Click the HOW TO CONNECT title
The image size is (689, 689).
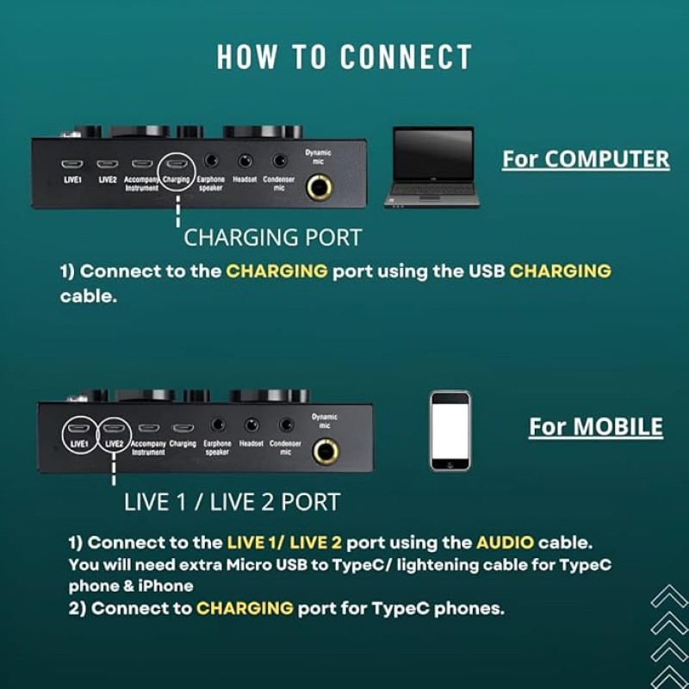click(344, 57)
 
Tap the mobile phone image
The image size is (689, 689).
click(450, 431)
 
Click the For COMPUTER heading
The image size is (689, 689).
click(586, 159)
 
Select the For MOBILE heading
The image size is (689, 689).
click(596, 427)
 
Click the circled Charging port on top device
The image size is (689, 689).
click(177, 164)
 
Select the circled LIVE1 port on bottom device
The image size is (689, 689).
click(79, 428)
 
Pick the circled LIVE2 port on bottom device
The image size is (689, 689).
click(113, 428)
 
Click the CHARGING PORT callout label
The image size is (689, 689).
click(273, 237)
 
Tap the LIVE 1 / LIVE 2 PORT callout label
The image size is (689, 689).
click(232, 502)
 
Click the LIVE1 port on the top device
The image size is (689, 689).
click(72, 163)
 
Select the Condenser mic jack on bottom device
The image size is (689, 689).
click(286, 425)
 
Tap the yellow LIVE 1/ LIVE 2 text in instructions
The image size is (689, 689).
click(283, 543)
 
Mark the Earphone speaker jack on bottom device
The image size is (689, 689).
click(218, 425)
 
